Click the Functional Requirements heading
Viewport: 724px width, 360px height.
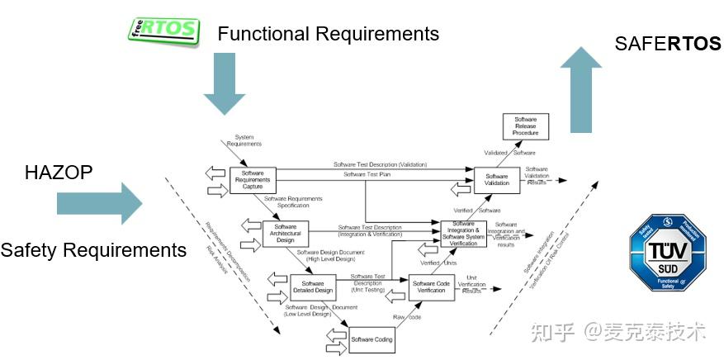[x=328, y=34]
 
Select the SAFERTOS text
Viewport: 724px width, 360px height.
[x=668, y=44]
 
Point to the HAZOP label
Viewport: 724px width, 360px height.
[x=59, y=172]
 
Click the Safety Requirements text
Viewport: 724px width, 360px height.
[x=93, y=249]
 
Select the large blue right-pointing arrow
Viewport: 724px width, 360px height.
[x=100, y=203]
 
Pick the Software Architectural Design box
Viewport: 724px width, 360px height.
[x=285, y=232]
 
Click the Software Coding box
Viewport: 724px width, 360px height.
[x=371, y=339]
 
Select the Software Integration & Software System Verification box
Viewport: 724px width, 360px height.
[x=463, y=234]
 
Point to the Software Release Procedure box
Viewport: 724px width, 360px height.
[x=525, y=127]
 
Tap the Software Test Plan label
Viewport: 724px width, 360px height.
[x=368, y=174]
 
